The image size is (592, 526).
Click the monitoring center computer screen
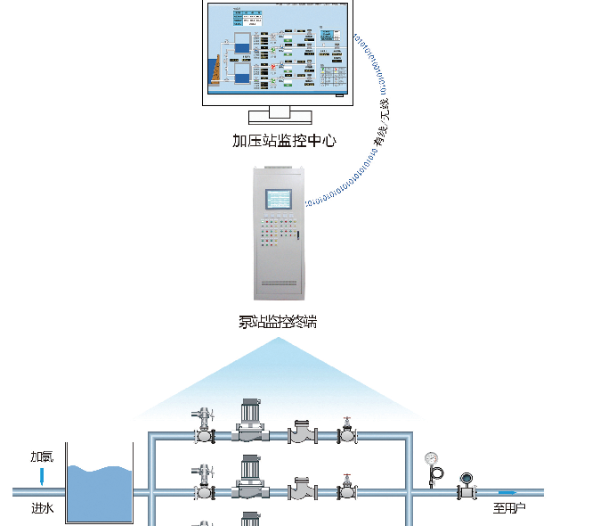coord(275,50)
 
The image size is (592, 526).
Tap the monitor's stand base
coord(280,116)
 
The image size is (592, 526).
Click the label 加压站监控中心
coord(284,140)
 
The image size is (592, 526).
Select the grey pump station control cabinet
coord(280,233)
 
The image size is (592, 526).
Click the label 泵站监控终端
coord(277,322)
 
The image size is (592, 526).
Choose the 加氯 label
coord(42,456)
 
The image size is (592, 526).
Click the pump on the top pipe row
coord(251,424)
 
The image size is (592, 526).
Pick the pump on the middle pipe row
coord(251,480)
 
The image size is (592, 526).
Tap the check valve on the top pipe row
coord(303,434)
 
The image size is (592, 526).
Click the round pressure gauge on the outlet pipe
coord(433,460)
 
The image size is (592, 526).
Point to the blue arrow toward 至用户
coord(507,492)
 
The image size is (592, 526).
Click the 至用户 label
coord(510,509)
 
